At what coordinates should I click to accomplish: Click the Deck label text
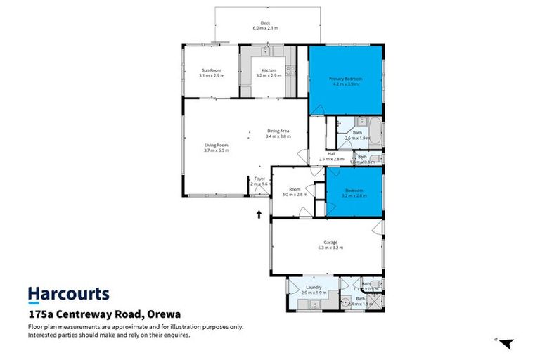(266, 22)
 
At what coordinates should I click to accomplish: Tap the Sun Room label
(212, 70)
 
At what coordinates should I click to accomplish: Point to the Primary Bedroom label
(346, 79)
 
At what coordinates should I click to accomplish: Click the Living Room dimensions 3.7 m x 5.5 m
(217, 150)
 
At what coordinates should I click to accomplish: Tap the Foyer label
(259, 179)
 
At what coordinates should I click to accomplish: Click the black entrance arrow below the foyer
(260, 214)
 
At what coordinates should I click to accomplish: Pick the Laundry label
(314, 286)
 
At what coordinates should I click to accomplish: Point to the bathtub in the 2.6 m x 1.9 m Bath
(375, 131)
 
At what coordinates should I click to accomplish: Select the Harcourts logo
(68, 294)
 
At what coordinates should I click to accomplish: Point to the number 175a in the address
(42, 314)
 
